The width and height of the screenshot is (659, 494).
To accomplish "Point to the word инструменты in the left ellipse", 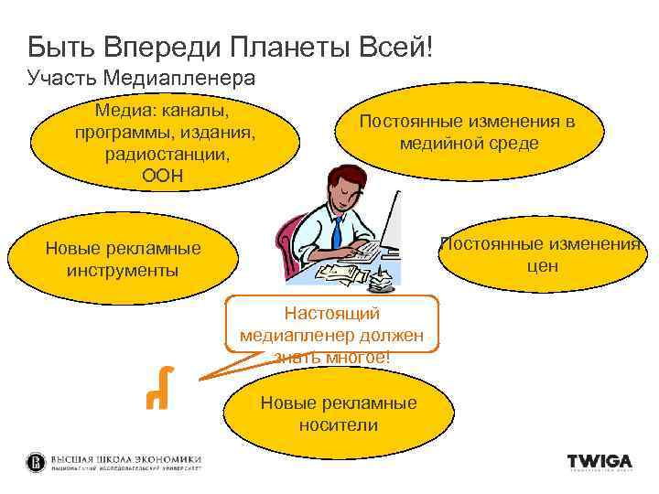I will (x=123, y=271).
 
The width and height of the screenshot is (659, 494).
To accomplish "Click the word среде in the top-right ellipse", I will (x=513, y=144).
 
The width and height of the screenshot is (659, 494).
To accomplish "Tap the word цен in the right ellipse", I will (x=542, y=266).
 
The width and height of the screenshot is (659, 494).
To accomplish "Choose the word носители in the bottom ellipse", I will (x=338, y=425).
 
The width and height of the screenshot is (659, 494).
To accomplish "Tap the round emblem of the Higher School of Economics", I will (x=35, y=462).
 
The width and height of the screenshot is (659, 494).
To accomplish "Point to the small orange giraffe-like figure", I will (x=157, y=387).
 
